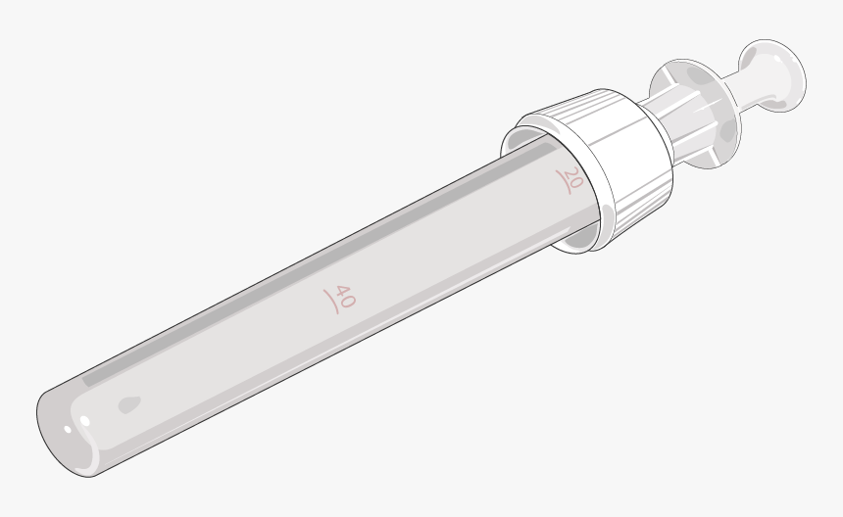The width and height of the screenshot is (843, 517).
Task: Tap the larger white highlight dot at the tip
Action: click(x=84, y=422)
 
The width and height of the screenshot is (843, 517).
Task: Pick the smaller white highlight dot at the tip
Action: click(x=67, y=428)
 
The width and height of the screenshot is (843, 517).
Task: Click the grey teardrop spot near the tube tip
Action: click(x=128, y=402)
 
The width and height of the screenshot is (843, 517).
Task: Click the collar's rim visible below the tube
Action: click(x=578, y=241)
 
